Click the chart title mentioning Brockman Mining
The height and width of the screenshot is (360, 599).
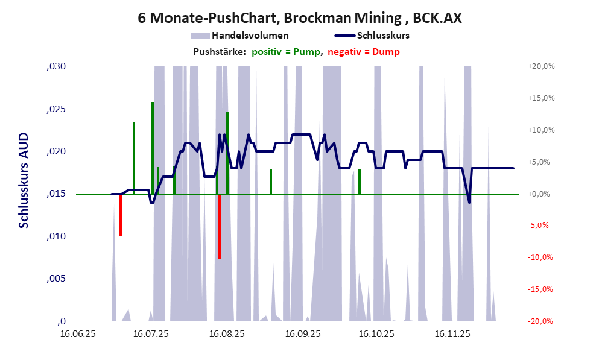click(300, 18)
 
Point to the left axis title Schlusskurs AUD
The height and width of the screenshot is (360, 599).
click(24, 181)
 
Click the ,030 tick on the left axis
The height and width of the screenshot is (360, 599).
click(55, 66)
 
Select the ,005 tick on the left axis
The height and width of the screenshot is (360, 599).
click(55, 279)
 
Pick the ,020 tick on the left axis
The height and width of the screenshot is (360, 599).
click(55, 151)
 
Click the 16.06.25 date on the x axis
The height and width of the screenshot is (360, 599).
click(77, 333)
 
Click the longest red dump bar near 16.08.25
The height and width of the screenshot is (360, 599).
click(220, 227)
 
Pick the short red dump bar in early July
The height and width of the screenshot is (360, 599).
click(121, 215)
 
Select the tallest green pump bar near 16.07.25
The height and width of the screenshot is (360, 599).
click(153, 148)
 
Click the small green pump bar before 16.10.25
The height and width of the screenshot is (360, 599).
click(360, 182)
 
